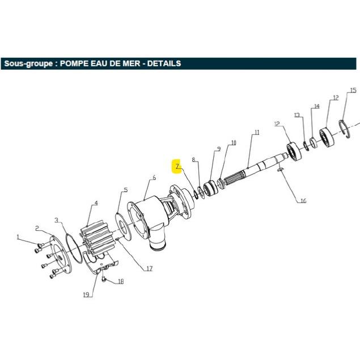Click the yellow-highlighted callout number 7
pos(177,166)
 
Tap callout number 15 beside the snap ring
pos(353,90)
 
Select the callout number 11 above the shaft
pos(257,132)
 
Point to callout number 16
pos(303,201)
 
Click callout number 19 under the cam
pos(86,295)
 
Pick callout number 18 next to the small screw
pos(121,281)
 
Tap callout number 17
pos(149,268)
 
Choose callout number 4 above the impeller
pos(96,203)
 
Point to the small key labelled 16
pos(280,170)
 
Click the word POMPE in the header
pos(74,63)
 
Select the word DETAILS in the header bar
pos(164,63)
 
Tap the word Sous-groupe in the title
pos(28,63)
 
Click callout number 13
pos(297,115)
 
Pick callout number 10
pos(234,143)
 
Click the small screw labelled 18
pos(104,279)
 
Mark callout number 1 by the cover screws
pos(18,237)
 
